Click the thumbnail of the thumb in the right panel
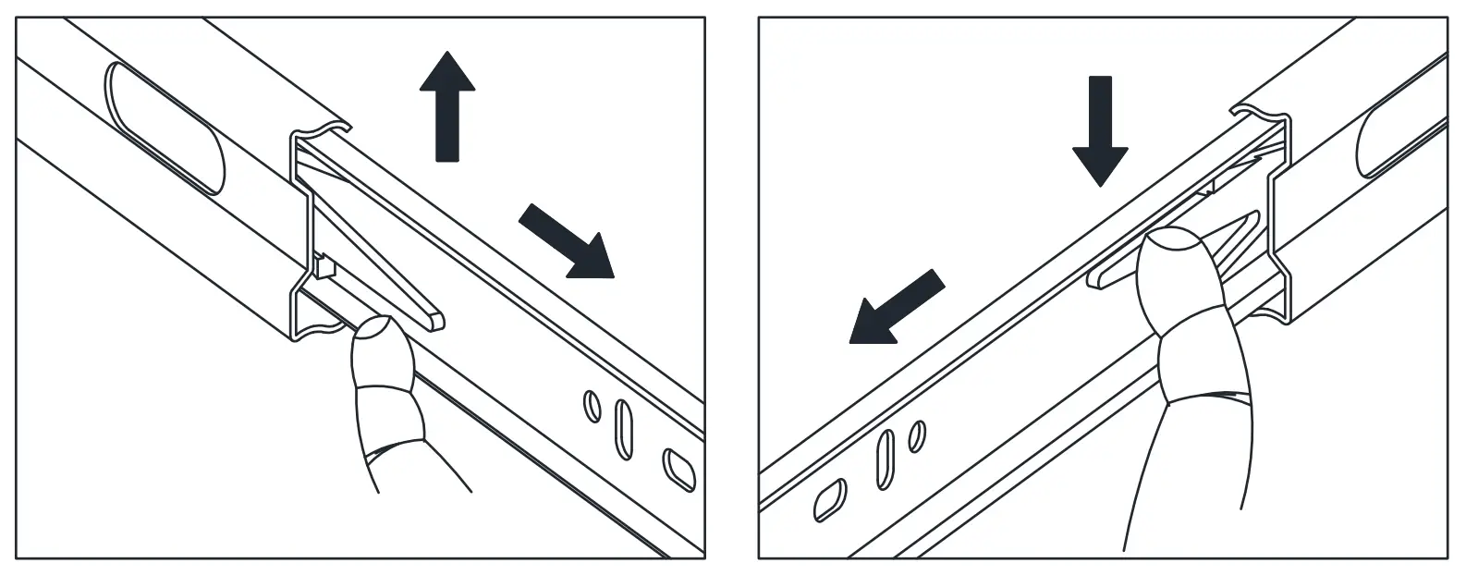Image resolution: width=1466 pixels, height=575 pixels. [x=1174, y=253]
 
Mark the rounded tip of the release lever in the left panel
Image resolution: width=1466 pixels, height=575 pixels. [x=435, y=321]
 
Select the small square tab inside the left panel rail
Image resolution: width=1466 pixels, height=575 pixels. [x=324, y=267]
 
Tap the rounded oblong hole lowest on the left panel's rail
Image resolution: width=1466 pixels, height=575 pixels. [x=680, y=469]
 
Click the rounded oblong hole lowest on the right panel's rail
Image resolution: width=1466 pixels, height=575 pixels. [x=826, y=499]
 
